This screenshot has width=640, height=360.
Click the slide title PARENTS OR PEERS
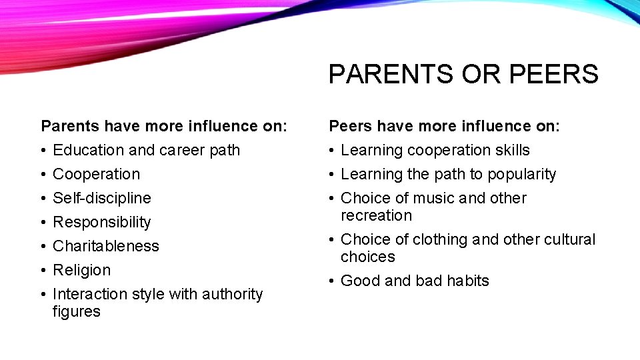[463, 74]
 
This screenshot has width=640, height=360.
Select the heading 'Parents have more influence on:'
[164, 125]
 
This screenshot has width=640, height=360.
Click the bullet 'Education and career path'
[146, 150]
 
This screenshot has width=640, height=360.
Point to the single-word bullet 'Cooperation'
[97, 174]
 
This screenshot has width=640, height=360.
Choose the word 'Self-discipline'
[102, 198]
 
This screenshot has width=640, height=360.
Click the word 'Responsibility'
[102, 222]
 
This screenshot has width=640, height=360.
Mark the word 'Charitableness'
[106, 246]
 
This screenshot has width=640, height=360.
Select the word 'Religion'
[81, 270]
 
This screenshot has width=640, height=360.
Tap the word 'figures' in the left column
[76, 311]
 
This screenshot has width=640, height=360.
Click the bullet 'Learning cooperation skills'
[435, 150]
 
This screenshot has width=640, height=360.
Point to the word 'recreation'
[376, 215]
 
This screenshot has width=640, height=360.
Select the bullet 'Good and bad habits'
[415, 281]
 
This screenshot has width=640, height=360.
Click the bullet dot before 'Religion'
[43, 270]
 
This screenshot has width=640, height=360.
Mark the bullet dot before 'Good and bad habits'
[331, 281]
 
